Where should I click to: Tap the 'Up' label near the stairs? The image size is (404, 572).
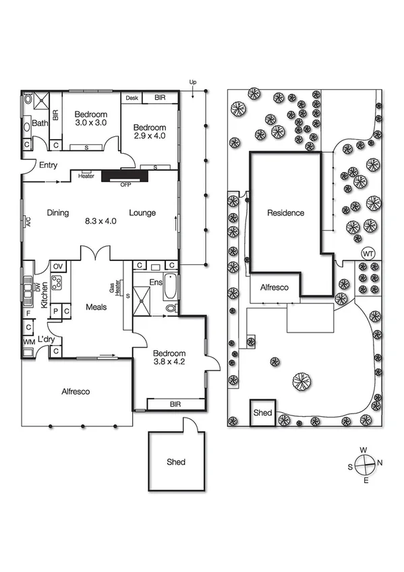(193, 83)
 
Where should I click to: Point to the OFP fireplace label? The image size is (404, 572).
(125, 184)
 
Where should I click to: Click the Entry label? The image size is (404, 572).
(49, 165)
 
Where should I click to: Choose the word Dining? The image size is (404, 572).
(58, 213)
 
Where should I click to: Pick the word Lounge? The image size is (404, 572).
(142, 213)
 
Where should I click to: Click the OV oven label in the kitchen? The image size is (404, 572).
(57, 266)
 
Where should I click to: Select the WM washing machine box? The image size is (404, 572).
(28, 343)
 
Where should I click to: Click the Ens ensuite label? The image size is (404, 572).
(156, 282)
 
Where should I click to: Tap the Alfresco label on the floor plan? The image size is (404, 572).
(76, 391)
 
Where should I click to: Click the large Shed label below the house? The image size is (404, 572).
(176, 462)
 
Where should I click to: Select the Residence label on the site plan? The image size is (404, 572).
(285, 213)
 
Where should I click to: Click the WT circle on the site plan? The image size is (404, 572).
(368, 254)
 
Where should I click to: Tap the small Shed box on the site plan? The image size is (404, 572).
(262, 413)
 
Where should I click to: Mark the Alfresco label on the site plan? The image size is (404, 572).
(275, 287)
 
